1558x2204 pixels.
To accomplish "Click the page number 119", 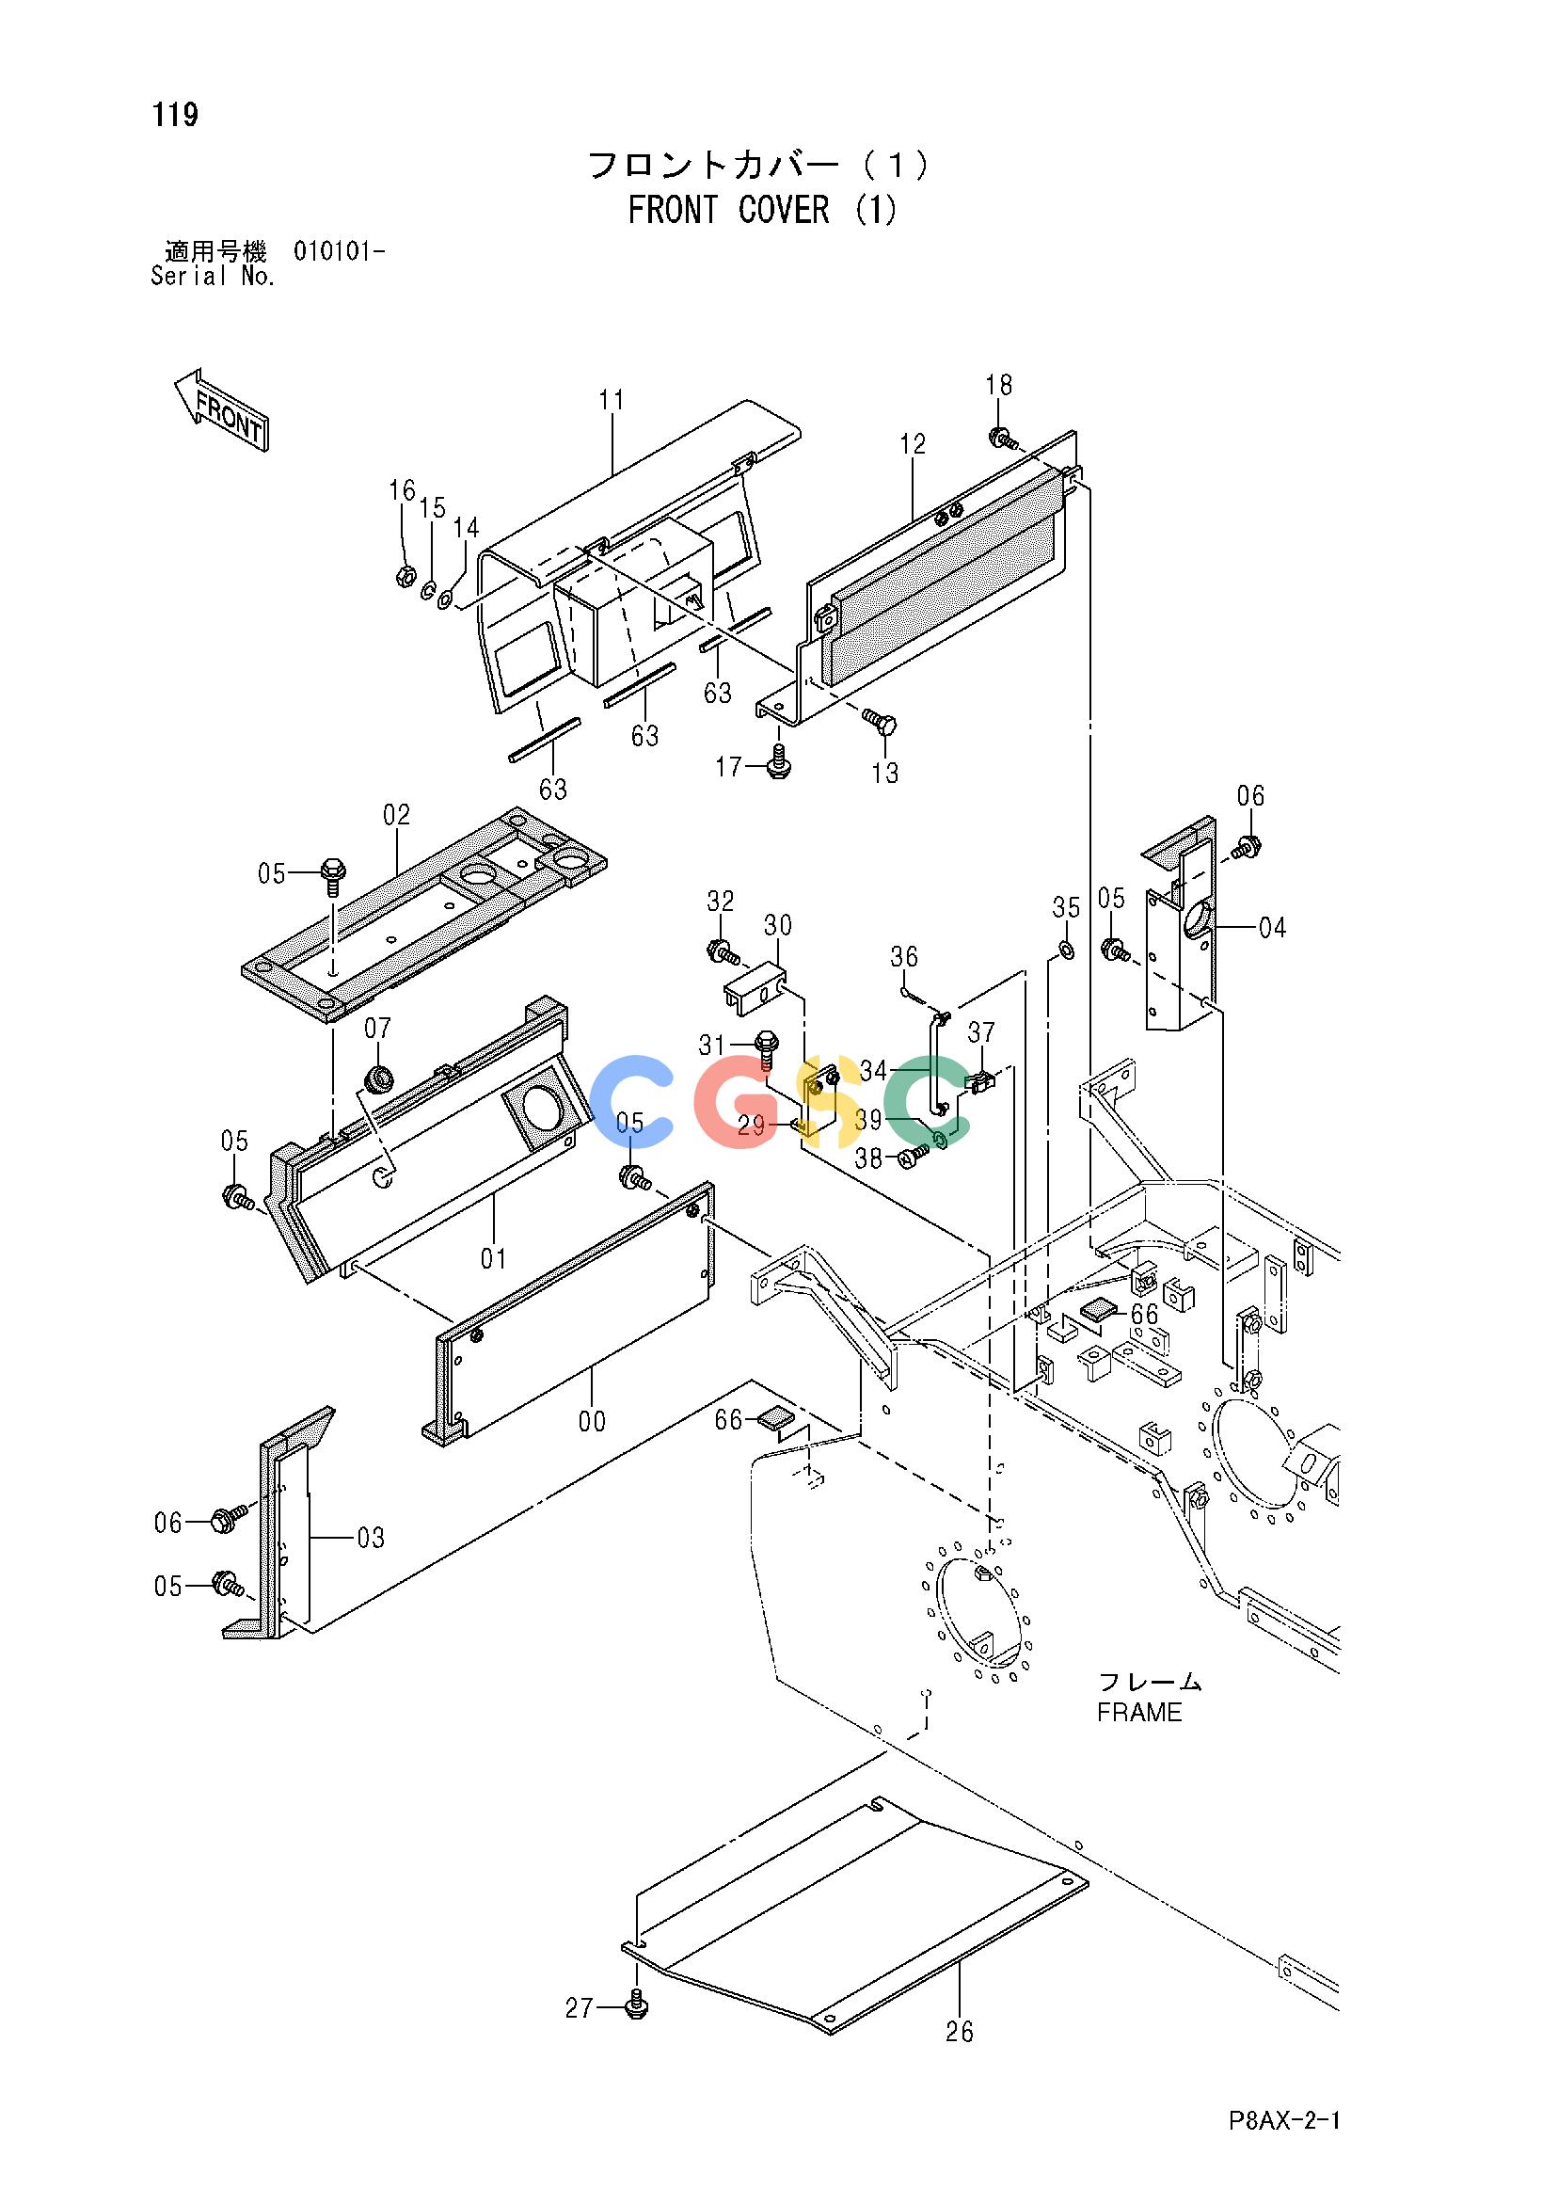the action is (x=175, y=115).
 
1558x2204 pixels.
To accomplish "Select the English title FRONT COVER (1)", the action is (x=763, y=209).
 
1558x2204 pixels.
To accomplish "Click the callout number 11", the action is (x=612, y=399).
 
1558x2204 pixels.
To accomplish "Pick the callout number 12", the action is (x=913, y=443).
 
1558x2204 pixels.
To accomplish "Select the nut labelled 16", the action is (x=405, y=576).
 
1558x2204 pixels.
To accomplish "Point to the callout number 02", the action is (x=396, y=815).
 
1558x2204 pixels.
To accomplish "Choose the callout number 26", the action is (x=959, y=2032).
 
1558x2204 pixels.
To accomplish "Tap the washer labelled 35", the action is (x=1065, y=950).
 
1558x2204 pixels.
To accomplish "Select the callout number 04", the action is (x=1272, y=927).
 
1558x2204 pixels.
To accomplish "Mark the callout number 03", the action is (x=371, y=1538).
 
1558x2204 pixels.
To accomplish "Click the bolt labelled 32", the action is (x=723, y=953).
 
